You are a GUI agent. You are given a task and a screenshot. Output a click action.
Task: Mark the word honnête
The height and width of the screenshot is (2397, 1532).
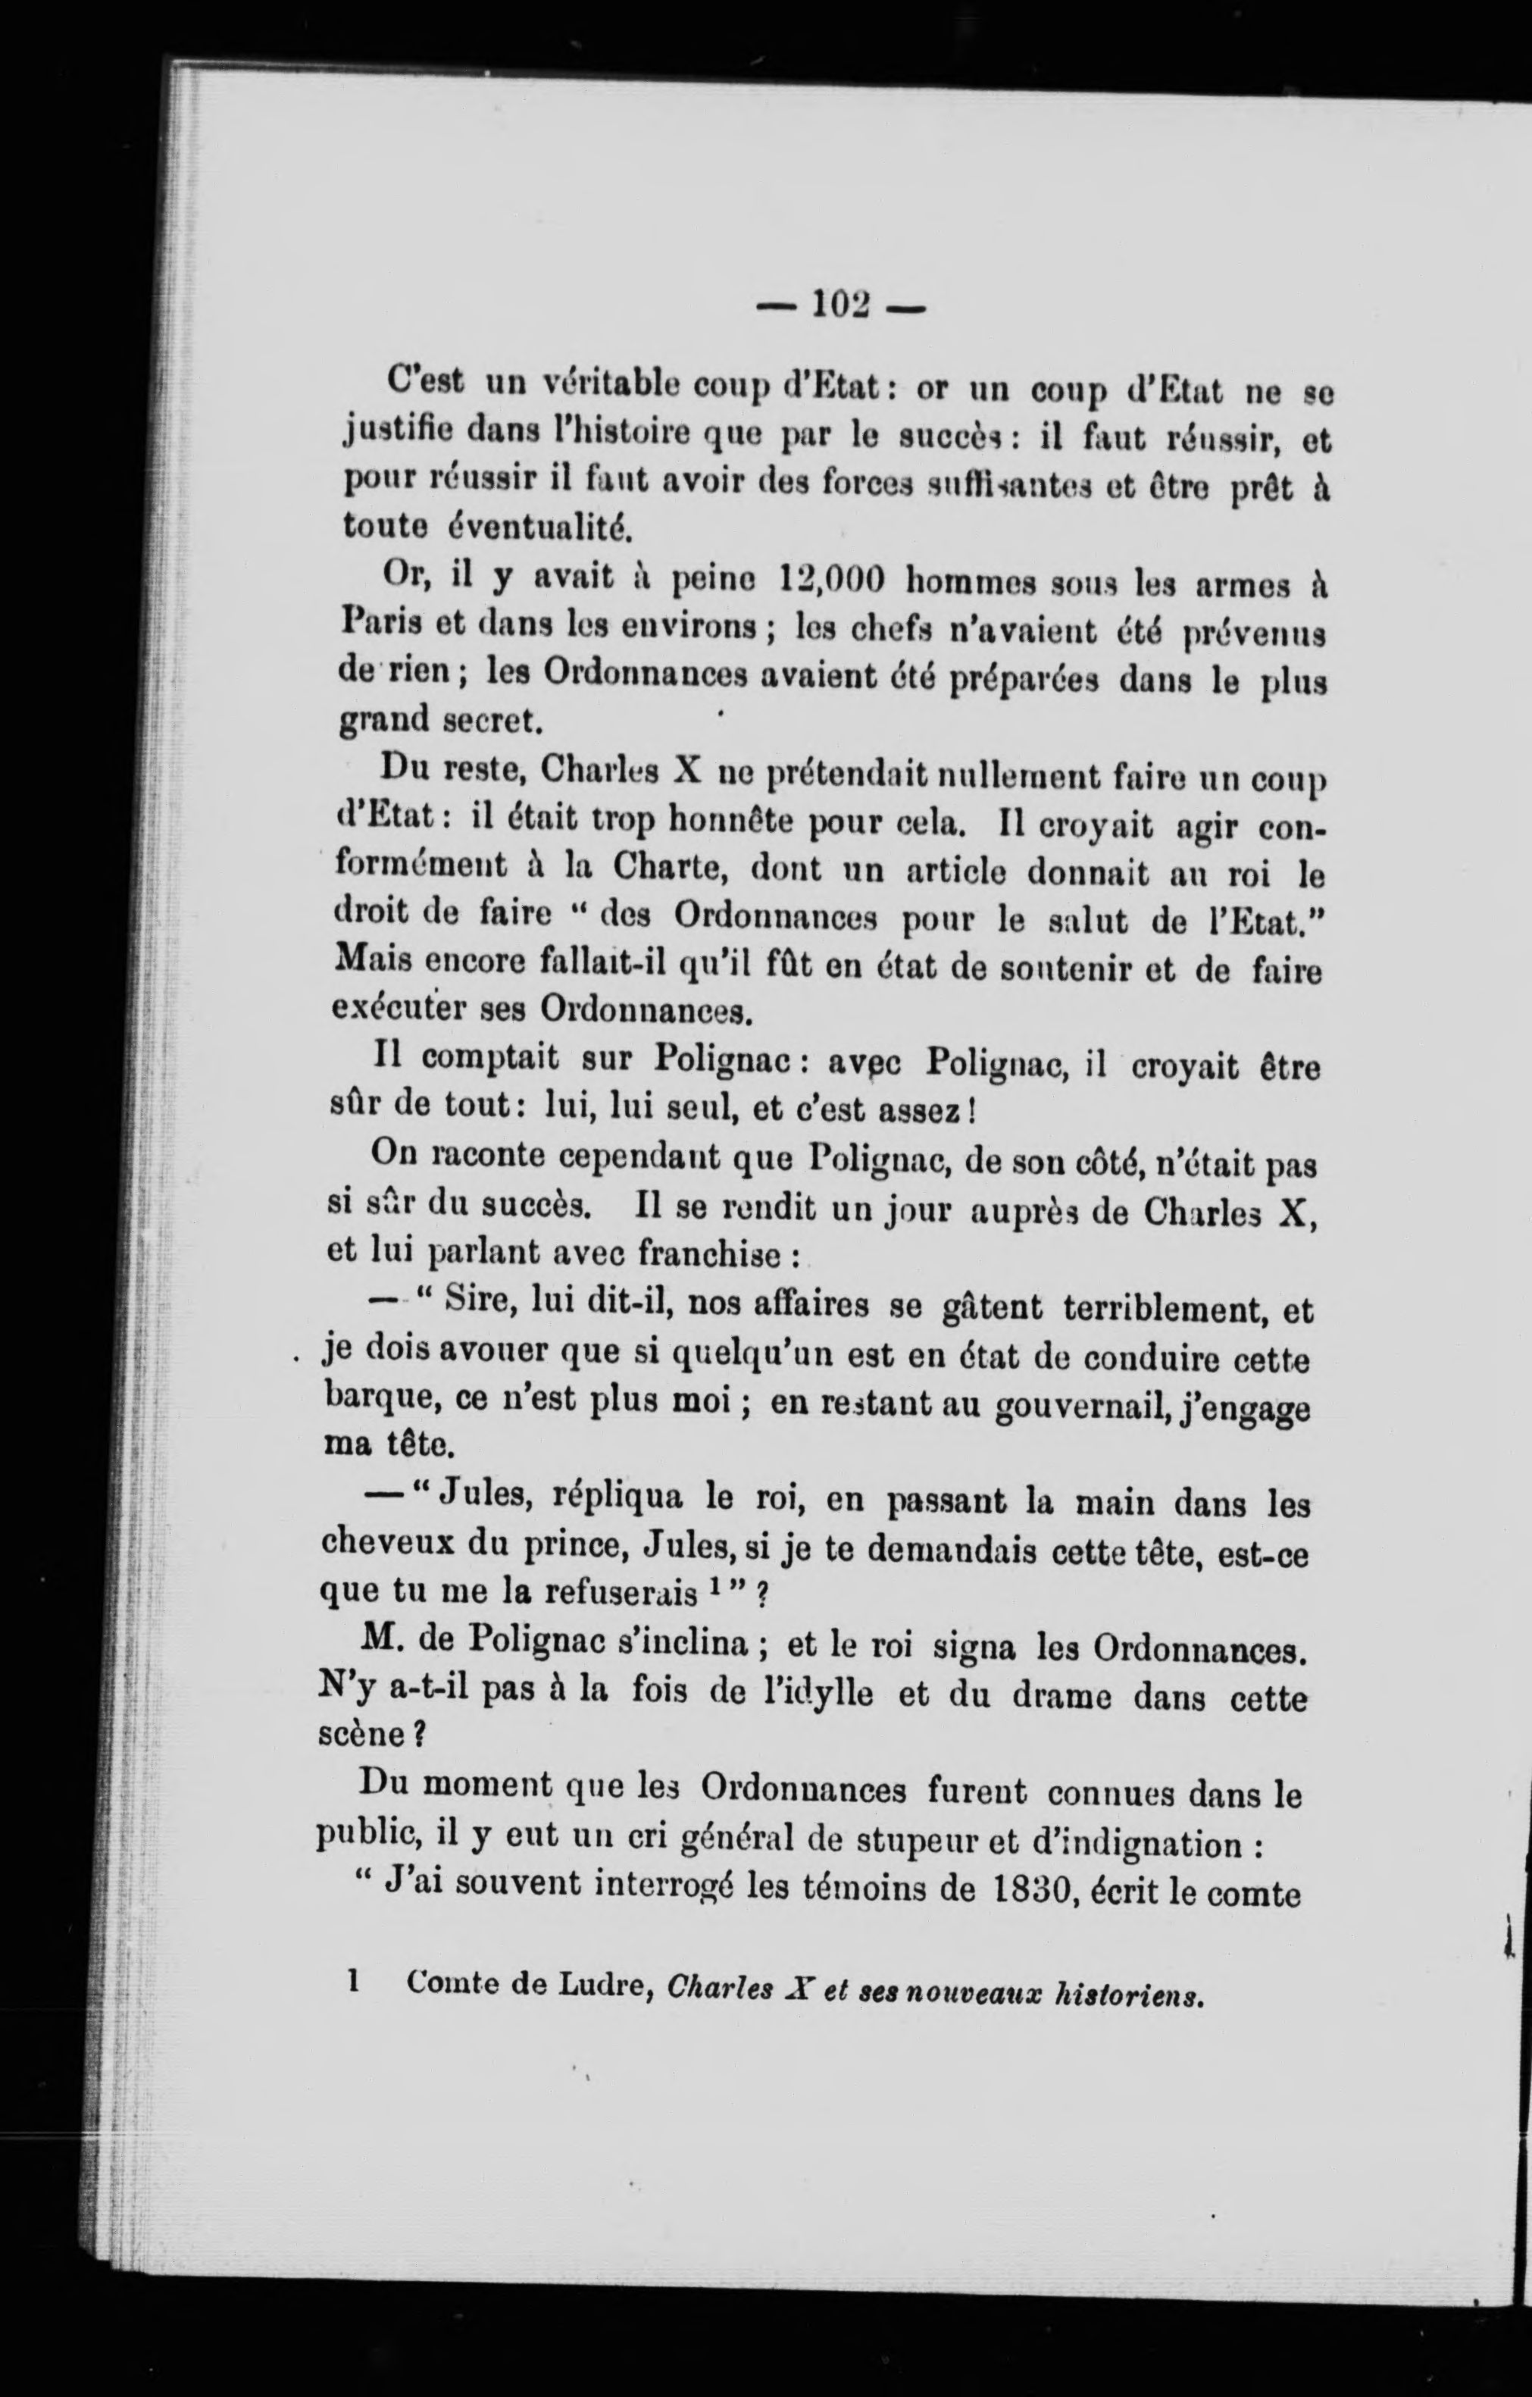pos(729,823)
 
